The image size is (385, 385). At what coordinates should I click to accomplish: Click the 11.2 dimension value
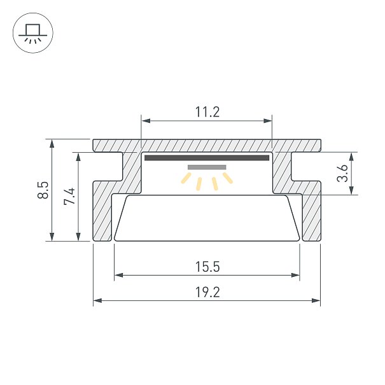(x=207, y=112)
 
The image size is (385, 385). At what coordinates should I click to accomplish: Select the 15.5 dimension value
(x=207, y=267)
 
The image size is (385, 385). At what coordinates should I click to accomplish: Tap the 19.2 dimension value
(x=207, y=292)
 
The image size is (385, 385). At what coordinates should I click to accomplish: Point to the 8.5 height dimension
(x=43, y=190)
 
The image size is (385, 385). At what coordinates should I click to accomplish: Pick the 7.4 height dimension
(x=69, y=196)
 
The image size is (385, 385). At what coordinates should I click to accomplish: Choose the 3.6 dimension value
(x=342, y=173)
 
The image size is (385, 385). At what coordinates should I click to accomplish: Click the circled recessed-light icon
(x=33, y=33)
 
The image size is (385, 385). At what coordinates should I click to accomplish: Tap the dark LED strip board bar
(x=207, y=158)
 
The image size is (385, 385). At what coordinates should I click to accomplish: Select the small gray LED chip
(x=207, y=167)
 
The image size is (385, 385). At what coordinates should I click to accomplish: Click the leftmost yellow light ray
(x=186, y=178)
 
